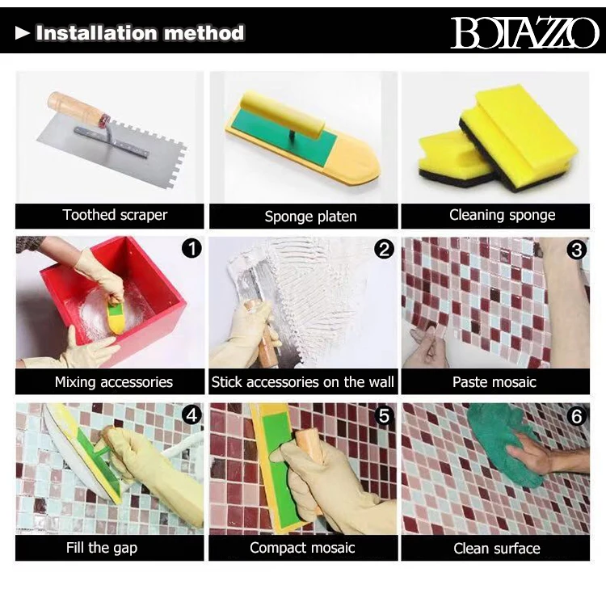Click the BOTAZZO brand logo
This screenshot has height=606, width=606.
tap(524, 33)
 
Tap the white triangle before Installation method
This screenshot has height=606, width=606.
tap(23, 33)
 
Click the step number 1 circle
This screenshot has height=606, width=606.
tap(191, 248)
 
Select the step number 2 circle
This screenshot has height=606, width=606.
tap(384, 250)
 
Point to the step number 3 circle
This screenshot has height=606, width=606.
tap(577, 250)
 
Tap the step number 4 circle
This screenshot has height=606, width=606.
tap(191, 415)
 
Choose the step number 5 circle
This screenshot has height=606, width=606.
tap(384, 416)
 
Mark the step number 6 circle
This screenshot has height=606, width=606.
tap(577, 416)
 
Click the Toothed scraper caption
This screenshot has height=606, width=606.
tap(116, 215)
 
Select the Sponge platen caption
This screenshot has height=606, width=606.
tap(310, 217)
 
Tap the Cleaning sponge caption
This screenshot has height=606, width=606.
tap(502, 215)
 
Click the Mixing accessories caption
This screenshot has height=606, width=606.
tap(114, 382)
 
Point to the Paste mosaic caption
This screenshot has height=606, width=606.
tap(494, 382)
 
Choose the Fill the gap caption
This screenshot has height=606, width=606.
tap(102, 548)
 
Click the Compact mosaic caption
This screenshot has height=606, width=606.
tap(302, 548)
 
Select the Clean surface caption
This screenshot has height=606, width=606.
tap(497, 549)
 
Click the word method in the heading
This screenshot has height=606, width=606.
tap(204, 33)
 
